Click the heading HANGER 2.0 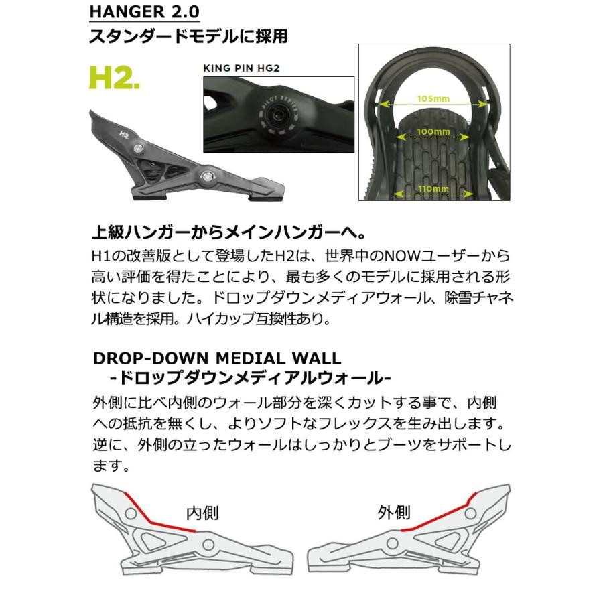pos(144,13)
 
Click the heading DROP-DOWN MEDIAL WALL pos(216,358)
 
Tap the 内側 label pos(202,513)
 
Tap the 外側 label pos(393,513)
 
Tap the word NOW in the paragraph pos(372,257)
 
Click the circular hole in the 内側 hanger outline pos(131,515)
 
